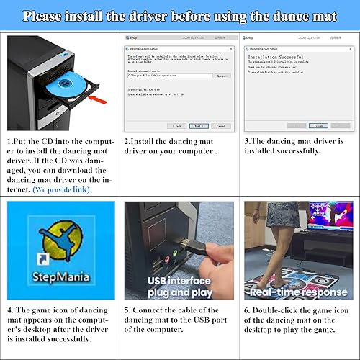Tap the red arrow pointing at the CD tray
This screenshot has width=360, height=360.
click(x=100, y=101)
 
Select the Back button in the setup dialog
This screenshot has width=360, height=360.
click(x=177, y=125)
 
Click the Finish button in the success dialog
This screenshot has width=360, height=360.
click(x=318, y=125)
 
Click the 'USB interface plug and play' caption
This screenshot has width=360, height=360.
click(x=179, y=285)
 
